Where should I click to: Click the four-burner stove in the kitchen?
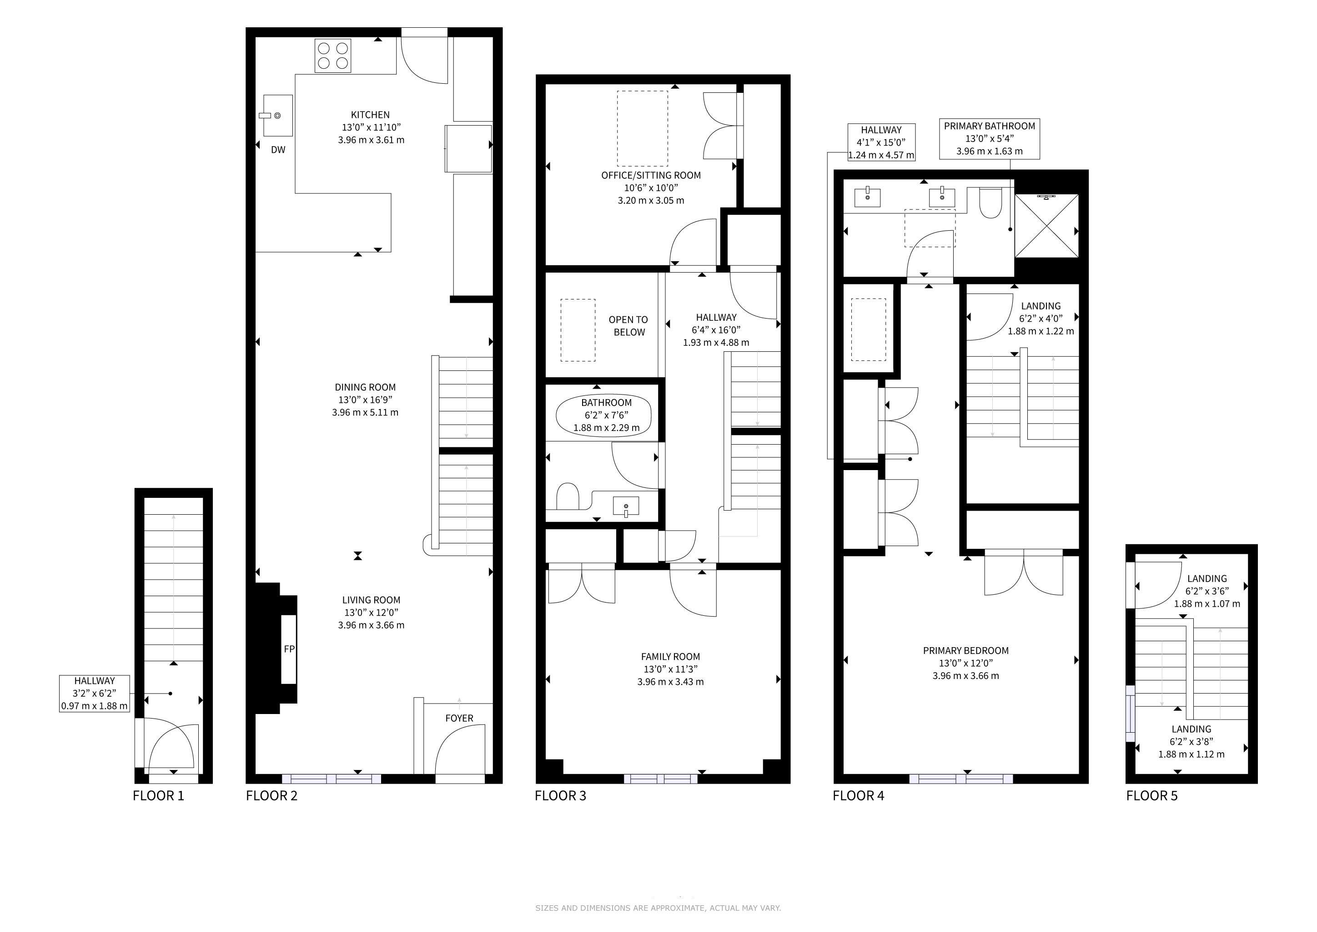point(333,56)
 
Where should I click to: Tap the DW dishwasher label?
point(278,150)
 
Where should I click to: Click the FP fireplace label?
point(289,649)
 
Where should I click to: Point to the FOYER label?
point(459,719)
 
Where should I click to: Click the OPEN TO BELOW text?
point(628,326)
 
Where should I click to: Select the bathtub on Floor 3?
point(604,415)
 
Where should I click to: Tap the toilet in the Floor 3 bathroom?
point(568,496)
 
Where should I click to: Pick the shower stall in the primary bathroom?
point(1047,226)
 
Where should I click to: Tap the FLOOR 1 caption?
point(158,796)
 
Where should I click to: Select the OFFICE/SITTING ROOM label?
point(651,176)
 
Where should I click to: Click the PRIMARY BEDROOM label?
point(966,651)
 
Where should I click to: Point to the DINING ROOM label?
point(365,387)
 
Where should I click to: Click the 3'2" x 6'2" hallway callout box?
point(95,694)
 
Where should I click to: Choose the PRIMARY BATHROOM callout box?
point(990,139)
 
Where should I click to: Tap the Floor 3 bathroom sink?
point(626,507)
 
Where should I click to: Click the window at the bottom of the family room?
point(661,779)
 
